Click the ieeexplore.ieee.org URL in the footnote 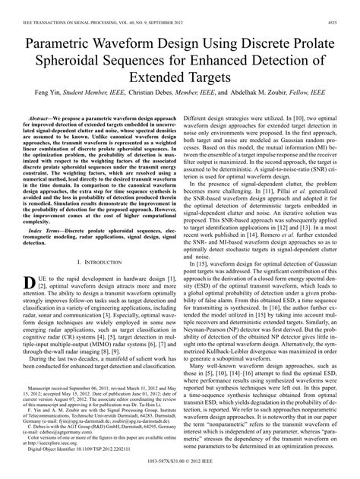coord(51,443)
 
